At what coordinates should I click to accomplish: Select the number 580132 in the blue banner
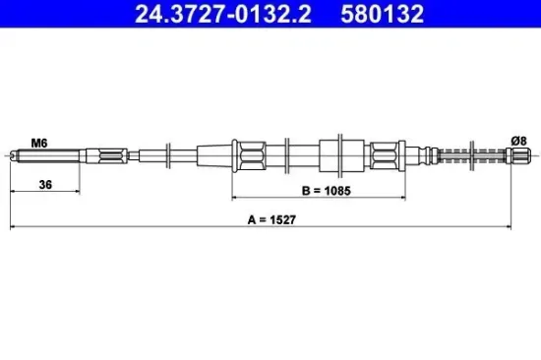[x=381, y=15]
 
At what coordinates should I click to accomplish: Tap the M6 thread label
[x=39, y=143]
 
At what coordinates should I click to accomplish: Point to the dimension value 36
[x=44, y=183]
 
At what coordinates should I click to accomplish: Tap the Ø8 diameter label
[x=519, y=142]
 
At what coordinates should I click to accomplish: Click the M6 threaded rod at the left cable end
[x=44, y=154]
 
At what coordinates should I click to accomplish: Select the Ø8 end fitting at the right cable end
[x=517, y=154]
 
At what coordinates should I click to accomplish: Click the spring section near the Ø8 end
[x=469, y=154]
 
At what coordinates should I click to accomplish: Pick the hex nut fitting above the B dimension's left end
[x=247, y=154]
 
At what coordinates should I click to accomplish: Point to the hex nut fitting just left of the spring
[x=387, y=154]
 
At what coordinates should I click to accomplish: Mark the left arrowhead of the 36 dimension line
[x=13, y=192]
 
